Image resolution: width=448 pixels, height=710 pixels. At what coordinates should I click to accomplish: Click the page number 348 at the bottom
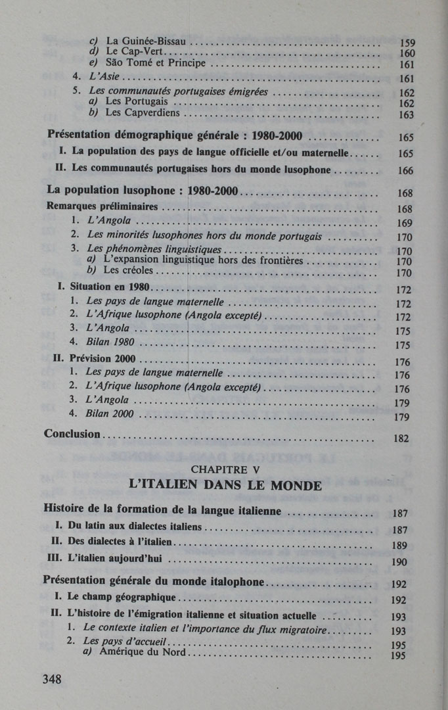click(52, 679)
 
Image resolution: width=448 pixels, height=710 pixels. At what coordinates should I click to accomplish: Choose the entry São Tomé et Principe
click(155, 63)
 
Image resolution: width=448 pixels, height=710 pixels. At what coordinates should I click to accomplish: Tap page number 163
click(407, 114)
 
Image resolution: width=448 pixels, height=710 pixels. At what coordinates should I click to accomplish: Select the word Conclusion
click(72, 434)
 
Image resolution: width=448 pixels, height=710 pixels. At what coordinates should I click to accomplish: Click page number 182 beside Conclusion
click(401, 438)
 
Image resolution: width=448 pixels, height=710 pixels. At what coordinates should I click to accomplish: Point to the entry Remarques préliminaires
click(103, 206)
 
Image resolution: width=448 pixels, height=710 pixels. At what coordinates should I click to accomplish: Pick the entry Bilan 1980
click(110, 342)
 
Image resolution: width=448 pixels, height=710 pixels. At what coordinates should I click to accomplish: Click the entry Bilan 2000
click(110, 414)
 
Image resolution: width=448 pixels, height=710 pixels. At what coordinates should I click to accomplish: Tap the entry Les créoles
click(129, 270)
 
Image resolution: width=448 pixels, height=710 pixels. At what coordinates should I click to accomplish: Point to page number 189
click(399, 545)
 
